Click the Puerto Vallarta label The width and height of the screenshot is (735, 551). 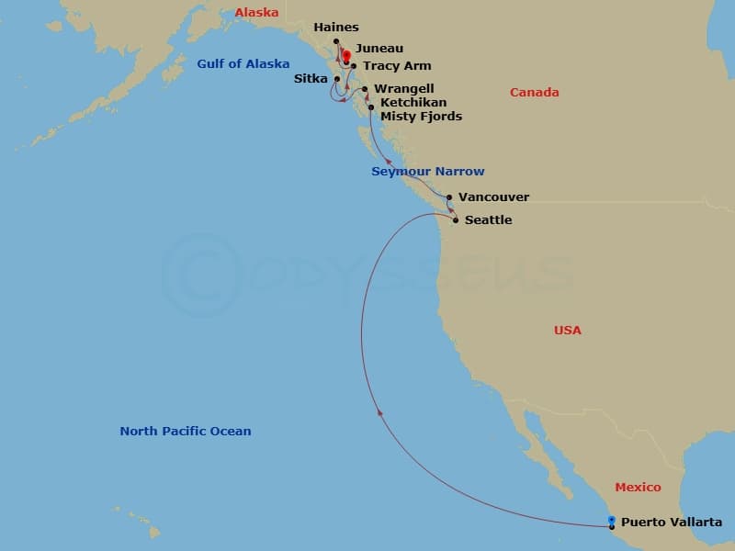click(x=671, y=523)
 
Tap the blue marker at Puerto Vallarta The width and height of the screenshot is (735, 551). click(x=612, y=520)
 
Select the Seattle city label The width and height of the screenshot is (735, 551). click(x=488, y=220)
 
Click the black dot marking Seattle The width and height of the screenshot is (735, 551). click(x=456, y=220)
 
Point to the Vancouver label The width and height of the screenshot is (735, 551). click(x=493, y=197)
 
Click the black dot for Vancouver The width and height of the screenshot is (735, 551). click(x=448, y=197)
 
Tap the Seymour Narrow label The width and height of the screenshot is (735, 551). click(x=427, y=172)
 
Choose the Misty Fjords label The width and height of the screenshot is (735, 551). click(x=421, y=117)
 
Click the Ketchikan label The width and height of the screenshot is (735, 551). click(x=413, y=103)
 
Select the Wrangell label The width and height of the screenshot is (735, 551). click(x=404, y=89)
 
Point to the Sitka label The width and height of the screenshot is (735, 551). click(x=310, y=79)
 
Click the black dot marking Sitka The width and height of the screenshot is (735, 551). click(x=337, y=79)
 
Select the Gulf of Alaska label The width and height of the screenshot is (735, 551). click(x=243, y=64)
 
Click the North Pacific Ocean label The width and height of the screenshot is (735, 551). click(x=185, y=432)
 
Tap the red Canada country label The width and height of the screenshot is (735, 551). click(x=534, y=93)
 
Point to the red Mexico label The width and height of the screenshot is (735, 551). click(x=638, y=488)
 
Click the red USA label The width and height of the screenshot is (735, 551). click(x=567, y=331)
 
